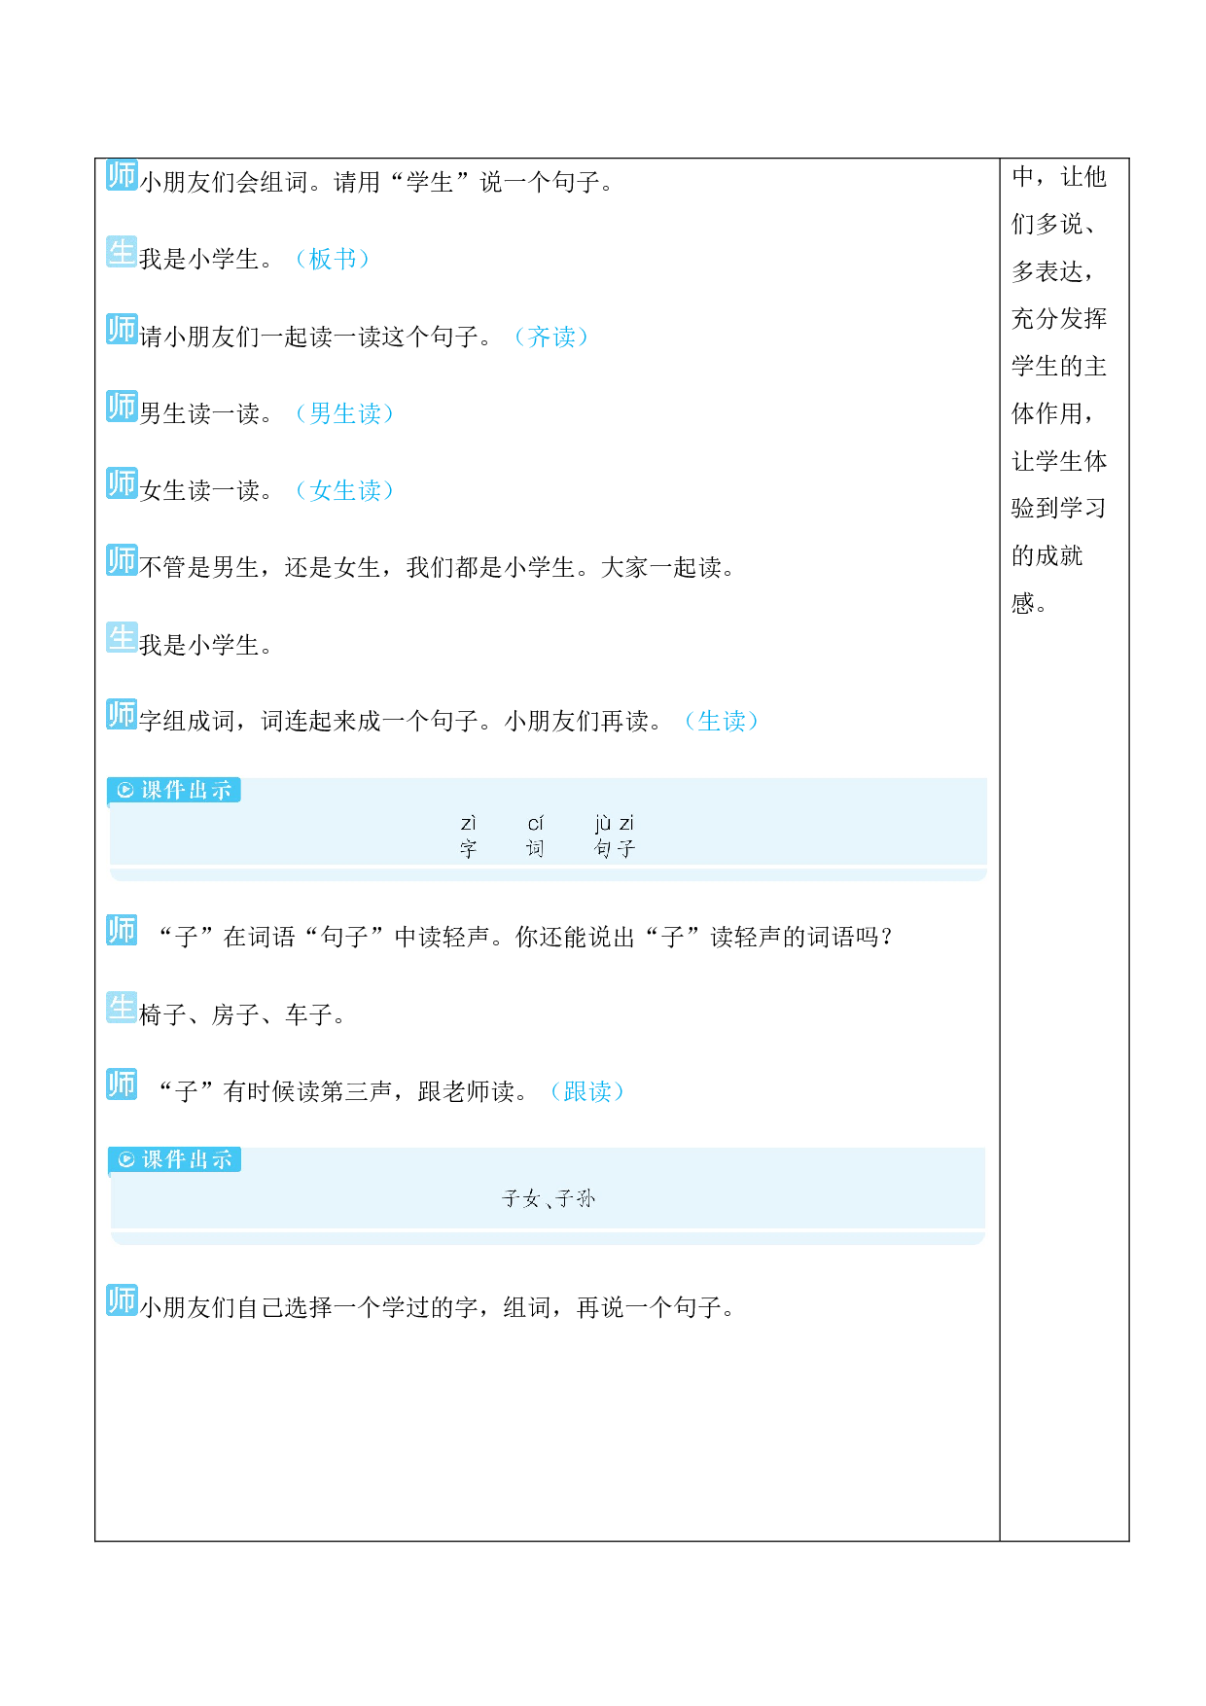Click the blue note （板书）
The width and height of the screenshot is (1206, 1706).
click(333, 259)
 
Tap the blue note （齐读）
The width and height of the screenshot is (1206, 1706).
click(551, 337)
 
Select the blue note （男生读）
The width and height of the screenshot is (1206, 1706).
click(345, 413)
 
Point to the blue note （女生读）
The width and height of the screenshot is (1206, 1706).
click(345, 490)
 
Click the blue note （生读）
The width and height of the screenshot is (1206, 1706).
click(722, 721)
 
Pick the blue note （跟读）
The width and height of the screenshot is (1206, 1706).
click(587, 1091)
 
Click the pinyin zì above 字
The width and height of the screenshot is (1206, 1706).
click(469, 823)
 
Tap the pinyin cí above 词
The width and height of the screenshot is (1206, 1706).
click(535, 823)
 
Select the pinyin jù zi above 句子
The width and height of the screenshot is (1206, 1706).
click(614, 823)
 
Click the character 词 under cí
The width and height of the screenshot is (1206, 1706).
click(535, 849)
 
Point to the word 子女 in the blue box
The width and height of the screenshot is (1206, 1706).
click(520, 1199)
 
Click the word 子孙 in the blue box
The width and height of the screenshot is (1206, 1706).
click(576, 1199)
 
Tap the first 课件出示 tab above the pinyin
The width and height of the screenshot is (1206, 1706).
click(174, 790)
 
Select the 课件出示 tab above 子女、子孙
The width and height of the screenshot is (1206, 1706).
click(175, 1159)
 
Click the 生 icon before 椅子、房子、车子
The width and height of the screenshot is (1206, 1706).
click(122, 1008)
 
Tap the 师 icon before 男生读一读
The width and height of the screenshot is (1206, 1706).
click(122, 406)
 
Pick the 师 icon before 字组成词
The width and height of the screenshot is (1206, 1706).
click(122, 714)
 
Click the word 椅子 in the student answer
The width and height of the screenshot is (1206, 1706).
click(163, 1015)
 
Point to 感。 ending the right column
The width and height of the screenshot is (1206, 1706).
click(1030, 604)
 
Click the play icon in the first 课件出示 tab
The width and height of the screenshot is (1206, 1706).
click(125, 790)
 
